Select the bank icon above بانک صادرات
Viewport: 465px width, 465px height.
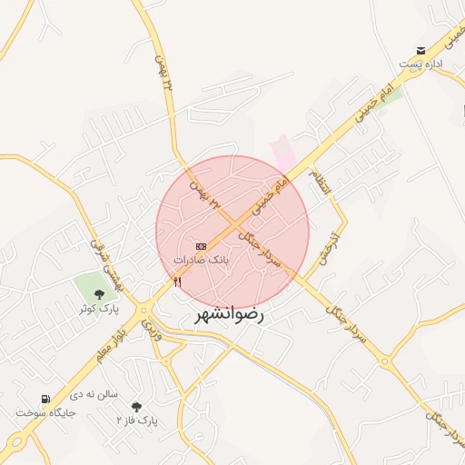pyautogui.click(x=201, y=246)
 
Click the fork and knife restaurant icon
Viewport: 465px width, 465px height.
pyautogui.click(x=177, y=282)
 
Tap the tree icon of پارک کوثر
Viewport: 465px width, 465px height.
pyautogui.click(x=99, y=293)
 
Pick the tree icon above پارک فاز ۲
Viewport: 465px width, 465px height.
pyautogui.click(x=136, y=407)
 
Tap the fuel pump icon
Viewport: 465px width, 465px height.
pyautogui.click(x=45, y=399)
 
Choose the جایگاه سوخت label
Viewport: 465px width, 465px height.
pyautogui.click(x=45, y=412)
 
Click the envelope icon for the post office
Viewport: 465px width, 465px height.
pyautogui.click(x=420, y=51)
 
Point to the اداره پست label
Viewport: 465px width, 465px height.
pyautogui.click(x=420, y=64)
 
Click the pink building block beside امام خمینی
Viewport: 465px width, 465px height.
pyautogui.click(x=283, y=151)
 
